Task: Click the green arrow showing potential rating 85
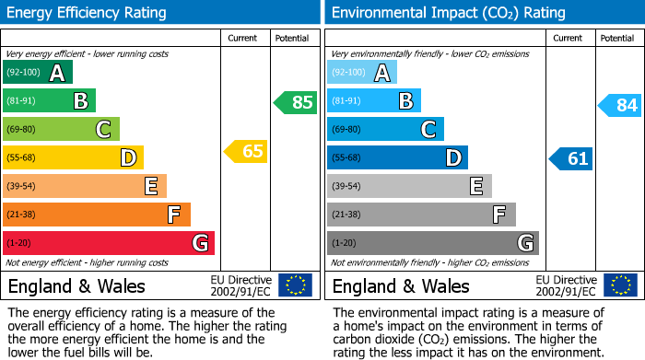[x=296, y=102]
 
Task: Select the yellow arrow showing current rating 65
[x=247, y=151]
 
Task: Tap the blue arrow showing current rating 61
[x=571, y=158]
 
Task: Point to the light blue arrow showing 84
[x=620, y=105]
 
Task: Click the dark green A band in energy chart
[x=37, y=73]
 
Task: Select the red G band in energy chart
[x=108, y=243]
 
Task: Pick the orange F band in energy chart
[x=96, y=215]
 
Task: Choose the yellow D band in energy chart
[x=73, y=157]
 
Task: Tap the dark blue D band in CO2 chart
[x=397, y=157]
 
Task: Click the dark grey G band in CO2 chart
[x=432, y=243]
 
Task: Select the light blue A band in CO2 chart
[x=361, y=73]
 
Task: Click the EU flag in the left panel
[x=295, y=285]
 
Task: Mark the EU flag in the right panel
[x=619, y=285]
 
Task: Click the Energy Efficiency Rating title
[x=88, y=13]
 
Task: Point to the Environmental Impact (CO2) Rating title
[x=448, y=13]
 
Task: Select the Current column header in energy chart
[x=244, y=38]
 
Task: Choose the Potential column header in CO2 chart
[x=616, y=38]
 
